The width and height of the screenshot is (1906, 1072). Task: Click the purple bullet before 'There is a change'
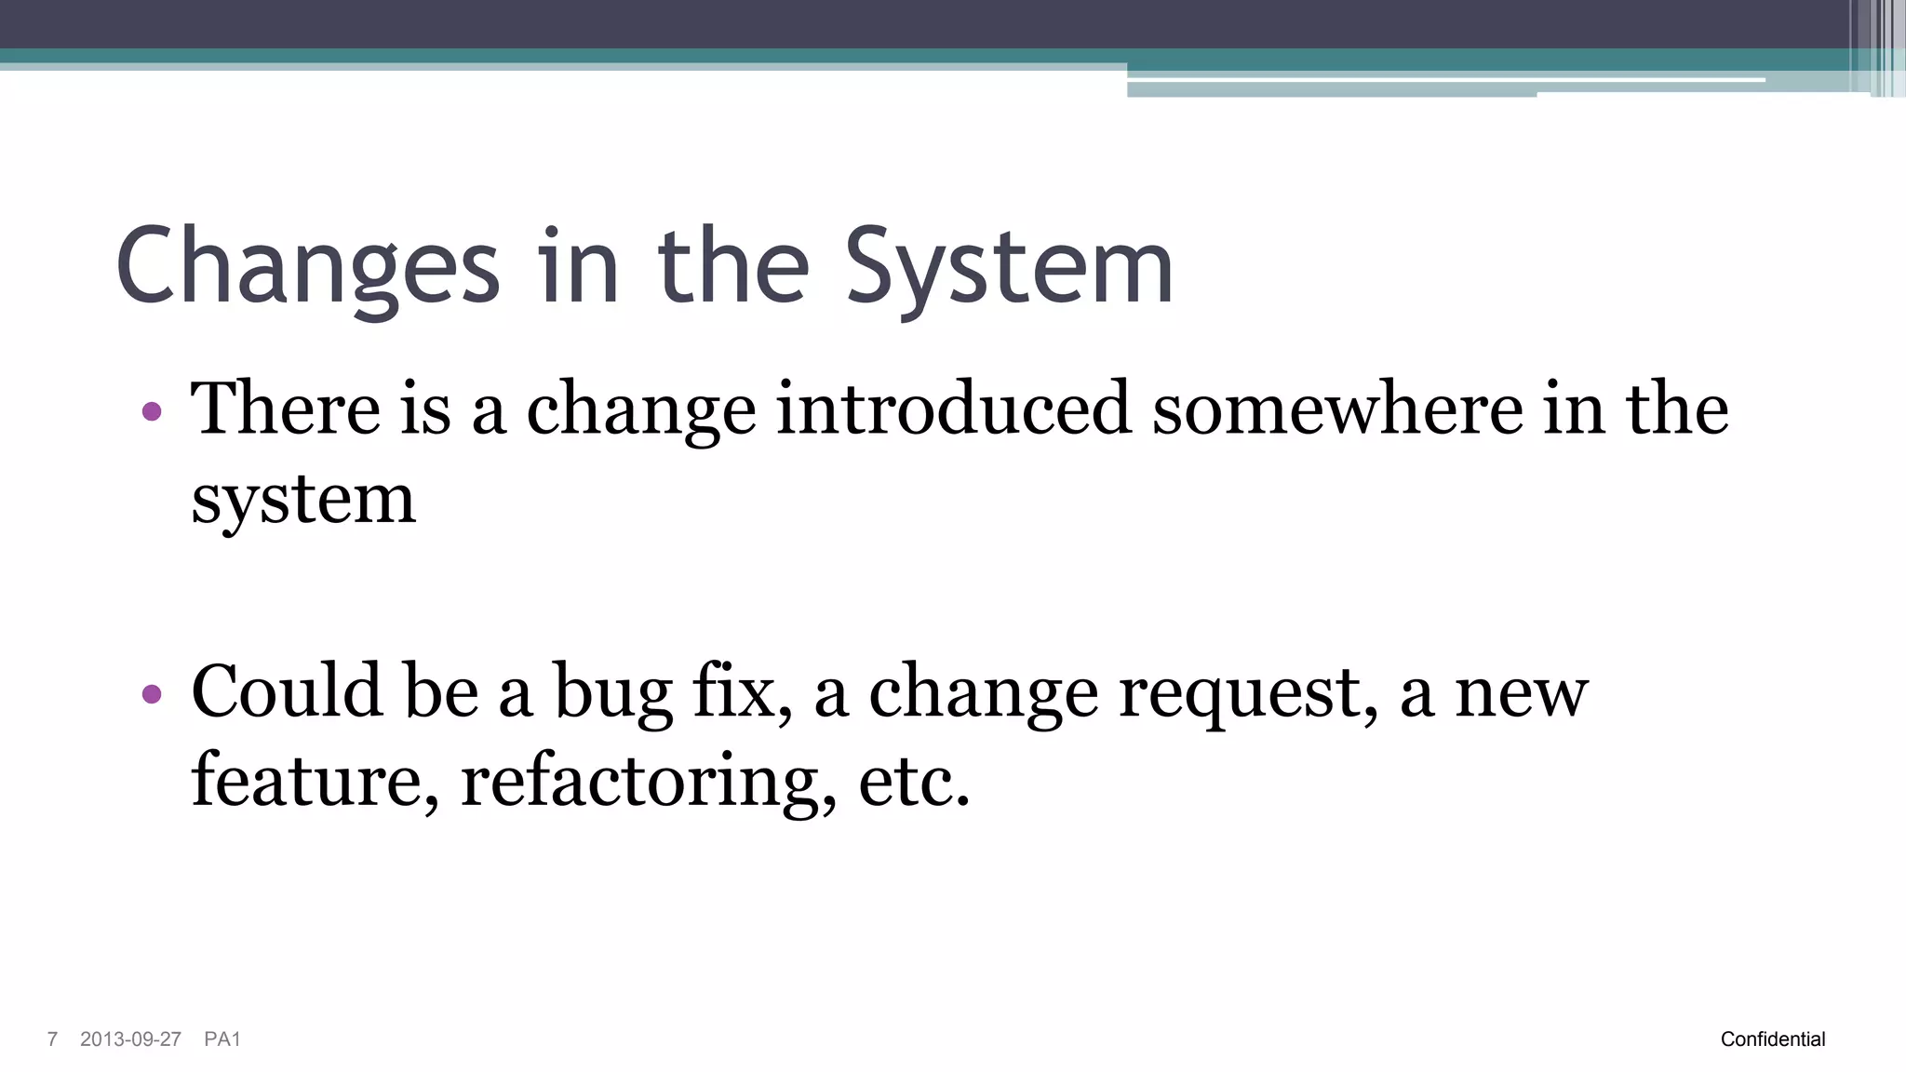(x=152, y=410)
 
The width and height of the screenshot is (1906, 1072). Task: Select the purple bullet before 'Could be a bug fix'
(x=152, y=693)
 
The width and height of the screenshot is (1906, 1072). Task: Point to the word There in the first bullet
(x=286, y=409)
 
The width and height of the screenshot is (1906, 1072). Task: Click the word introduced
(x=953, y=409)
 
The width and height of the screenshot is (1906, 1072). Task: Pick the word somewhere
(x=1336, y=409)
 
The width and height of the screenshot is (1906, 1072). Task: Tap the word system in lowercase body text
(x=303, y=501)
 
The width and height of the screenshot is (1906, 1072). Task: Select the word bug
(x=613, y=693)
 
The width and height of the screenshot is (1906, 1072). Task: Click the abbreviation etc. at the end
(x=914, y=782)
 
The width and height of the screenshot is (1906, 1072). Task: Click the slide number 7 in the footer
(x=52, y=1039)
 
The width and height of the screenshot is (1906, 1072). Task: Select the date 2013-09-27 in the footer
(x=130, y=1039)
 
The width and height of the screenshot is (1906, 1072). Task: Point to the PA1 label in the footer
(x=222, y=1039)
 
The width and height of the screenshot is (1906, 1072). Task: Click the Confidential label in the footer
(x=1773, y=1039)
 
